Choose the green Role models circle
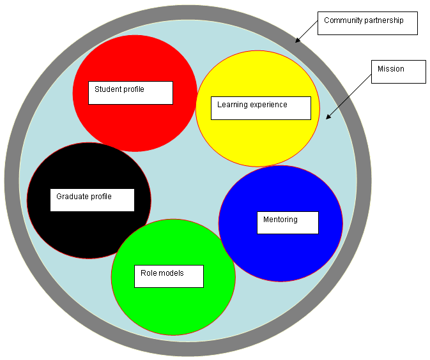173,306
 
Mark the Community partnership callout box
368,23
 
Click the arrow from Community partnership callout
307,31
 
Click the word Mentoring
280,220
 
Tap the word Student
107,89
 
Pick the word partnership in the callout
385,20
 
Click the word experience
269,105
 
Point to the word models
172,273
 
